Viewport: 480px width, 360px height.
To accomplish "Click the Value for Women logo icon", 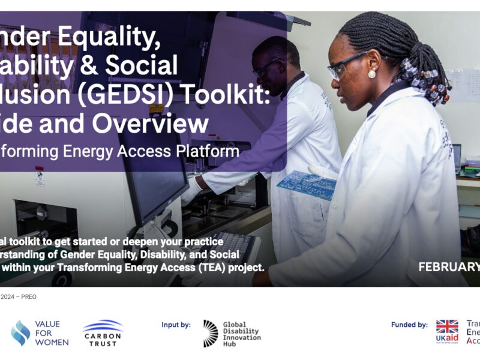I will [20, 333].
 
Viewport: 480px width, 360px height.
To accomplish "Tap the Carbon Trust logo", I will [103, 333].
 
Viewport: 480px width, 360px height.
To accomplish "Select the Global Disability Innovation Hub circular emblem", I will [211, 333].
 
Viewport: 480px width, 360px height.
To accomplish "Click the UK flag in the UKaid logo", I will [447, 327].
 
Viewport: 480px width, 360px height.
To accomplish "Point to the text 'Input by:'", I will [176, 325].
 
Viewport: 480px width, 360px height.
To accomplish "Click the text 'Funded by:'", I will [409, 325].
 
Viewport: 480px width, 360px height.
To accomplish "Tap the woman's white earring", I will [371, 74].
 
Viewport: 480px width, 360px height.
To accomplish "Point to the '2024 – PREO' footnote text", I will [18, 296].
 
